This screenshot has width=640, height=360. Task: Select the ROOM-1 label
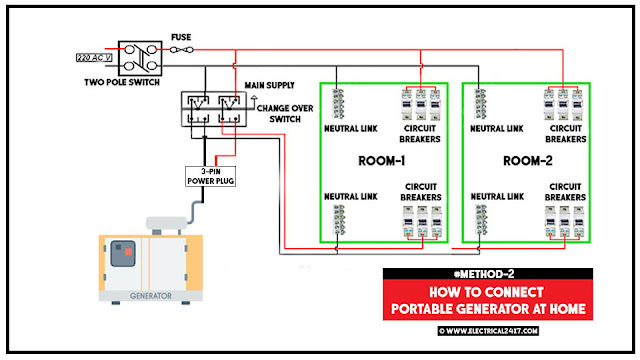pyautogui.click(x=381, y=160)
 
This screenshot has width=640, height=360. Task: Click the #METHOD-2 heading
pyautogui.click(x=488, y=273)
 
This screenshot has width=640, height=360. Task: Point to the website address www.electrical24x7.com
pyautogui.click(x=487, y=329)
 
